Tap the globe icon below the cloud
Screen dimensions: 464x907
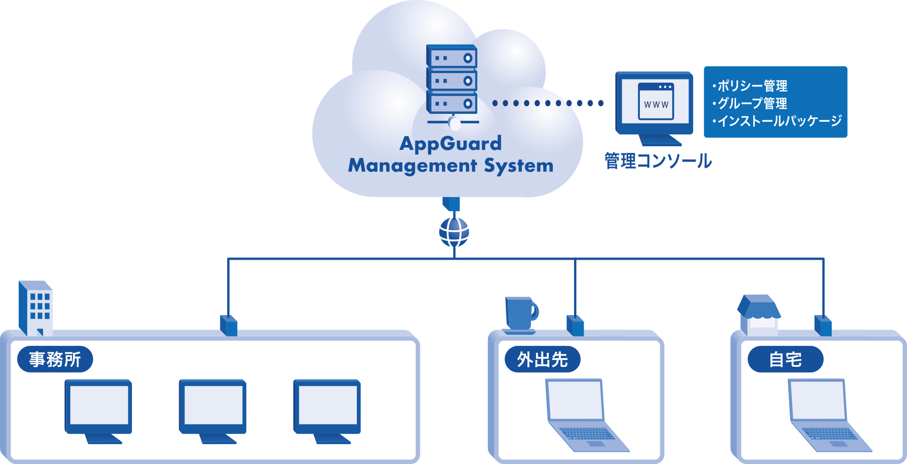454,232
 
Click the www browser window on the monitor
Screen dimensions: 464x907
656,101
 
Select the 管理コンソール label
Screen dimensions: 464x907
658,161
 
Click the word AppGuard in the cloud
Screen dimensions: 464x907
450,143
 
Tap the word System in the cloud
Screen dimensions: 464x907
519,166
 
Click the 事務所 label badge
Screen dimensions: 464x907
55,359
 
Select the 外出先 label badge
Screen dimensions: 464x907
542,359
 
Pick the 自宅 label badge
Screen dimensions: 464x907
785,359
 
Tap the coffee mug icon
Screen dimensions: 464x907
521,315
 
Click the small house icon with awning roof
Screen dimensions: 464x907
759,315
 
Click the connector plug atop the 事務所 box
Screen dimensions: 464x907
229,325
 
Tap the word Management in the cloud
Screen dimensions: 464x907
412,166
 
